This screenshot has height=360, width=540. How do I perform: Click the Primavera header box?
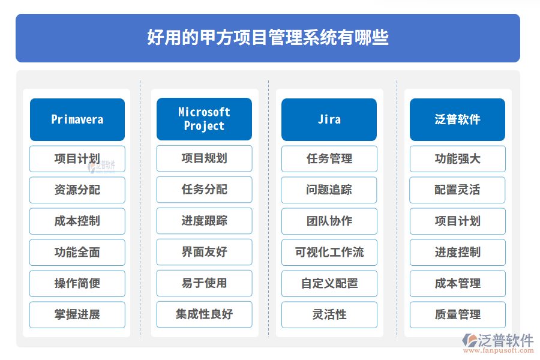pos(77,119)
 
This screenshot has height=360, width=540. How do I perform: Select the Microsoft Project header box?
pos(204,119)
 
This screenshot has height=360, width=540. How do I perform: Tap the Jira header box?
pos(329,119)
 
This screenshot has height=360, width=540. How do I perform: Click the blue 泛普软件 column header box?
pos(457,119)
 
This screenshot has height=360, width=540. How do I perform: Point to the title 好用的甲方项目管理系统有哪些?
pos(268,38)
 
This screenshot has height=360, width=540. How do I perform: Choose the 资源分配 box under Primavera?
pos(77,190)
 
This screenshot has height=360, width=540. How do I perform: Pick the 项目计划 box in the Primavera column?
pos(77,159)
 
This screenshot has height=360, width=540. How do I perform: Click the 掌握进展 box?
pos(77,314)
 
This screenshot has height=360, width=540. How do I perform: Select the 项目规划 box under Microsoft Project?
pos(204,158)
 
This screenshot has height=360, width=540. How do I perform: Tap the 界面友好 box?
pos(204,252)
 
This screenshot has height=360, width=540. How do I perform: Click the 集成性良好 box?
pos(204,314)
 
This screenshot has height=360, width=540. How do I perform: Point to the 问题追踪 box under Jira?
pos(329,190)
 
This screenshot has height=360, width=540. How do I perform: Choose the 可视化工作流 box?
pos(329,252)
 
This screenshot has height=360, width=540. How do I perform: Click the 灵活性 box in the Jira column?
pos(329,314)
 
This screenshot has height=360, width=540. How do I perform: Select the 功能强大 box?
pos(458,159)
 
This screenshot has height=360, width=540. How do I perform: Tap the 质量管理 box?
pos(458,314)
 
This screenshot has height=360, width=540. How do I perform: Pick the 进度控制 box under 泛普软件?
pos(458,252)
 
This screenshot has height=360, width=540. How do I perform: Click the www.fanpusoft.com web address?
pos(499,350)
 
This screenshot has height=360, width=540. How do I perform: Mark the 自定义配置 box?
pos(329,284)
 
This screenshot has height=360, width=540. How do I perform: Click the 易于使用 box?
pos(204,283)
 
